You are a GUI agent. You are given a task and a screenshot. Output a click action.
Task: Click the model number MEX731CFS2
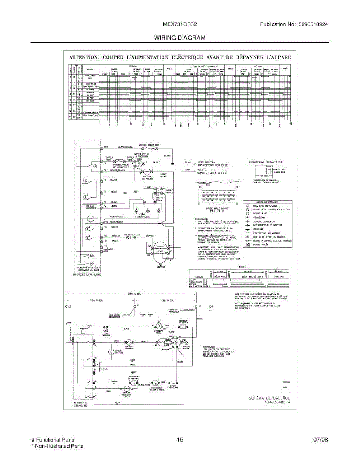pyautogui.click(x=179, y=24)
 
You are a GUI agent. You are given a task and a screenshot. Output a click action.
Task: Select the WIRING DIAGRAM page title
pyautogui.click(x=179, y=38)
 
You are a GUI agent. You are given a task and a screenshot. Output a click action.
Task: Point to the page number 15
pyautogui.click(x=179, y=440)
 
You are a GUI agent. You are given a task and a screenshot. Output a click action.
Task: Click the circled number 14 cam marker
pyautogui.click(x=92, y=263)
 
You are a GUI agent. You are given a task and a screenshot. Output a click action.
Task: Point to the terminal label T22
pyautogui.click(x=105, y=148)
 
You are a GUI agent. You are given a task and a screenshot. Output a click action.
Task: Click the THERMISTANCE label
pyautogui.click(x=142, y=217)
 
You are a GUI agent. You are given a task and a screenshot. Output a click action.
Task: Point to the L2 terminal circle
pyautogui.click(x=66, y=307)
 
